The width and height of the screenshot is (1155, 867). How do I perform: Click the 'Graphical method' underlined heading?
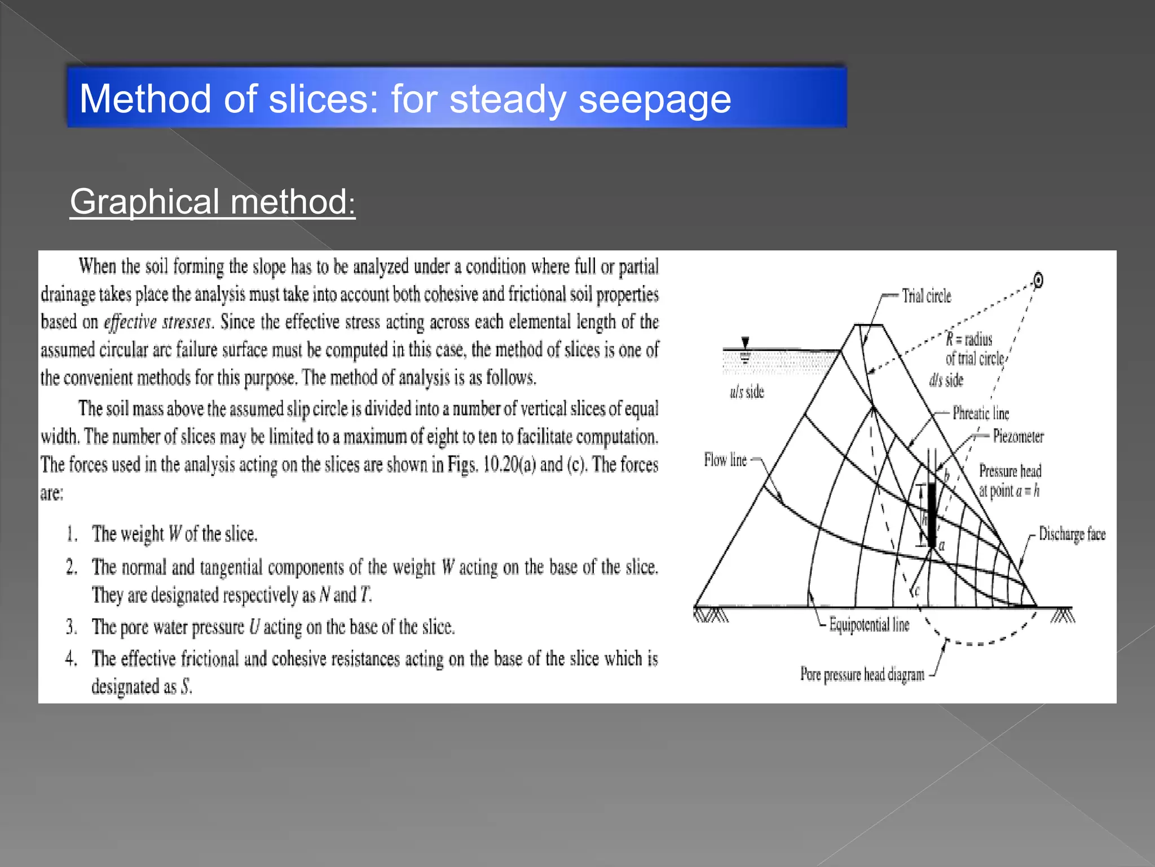tap(213, 202)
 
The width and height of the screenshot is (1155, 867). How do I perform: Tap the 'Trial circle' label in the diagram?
tap(926, 296)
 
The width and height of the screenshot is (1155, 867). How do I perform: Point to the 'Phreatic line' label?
tap(981, 413)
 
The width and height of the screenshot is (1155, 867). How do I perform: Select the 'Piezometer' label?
tap(1018, 436)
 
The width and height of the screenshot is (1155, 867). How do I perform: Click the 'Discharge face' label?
tap(1072, 534)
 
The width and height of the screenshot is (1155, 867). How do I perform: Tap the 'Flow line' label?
tap(725, 460)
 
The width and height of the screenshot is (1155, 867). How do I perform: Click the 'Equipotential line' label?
tap(869, 625)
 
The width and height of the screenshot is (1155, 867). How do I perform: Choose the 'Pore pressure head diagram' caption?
tap(862, 675)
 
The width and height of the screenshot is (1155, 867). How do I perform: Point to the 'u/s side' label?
tap(747, 392)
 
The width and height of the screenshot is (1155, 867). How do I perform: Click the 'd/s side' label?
tap(946, 380)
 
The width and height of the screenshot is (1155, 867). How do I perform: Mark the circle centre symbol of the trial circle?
tap(1038, 280)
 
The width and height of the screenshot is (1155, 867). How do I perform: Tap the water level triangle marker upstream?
tap(745, 343)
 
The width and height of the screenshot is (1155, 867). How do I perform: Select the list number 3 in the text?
tap(71, 627)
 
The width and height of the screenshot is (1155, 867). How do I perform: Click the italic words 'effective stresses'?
tap(157, 322)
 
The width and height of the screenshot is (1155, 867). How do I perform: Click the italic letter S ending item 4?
tap(186, 687)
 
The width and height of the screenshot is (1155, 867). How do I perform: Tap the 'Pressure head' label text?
tap(1010, 471)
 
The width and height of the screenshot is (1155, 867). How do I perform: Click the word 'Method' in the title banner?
tap(145, 99)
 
